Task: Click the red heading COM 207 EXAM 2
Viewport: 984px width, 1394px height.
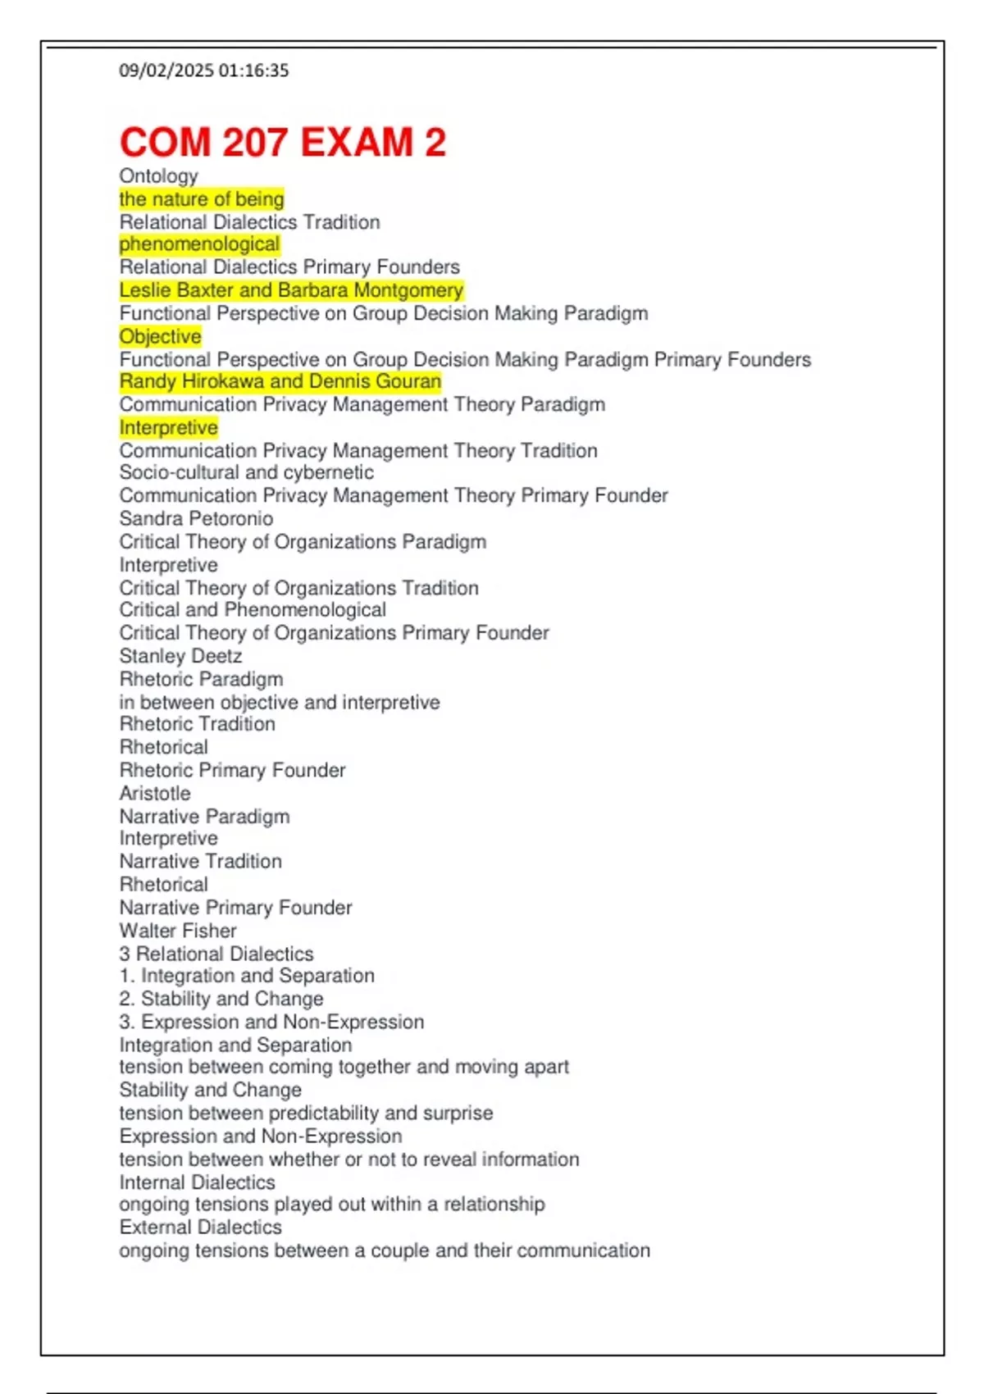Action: click(x=283, y=143)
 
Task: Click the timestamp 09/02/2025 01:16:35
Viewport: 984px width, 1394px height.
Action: click(x=204, y=71)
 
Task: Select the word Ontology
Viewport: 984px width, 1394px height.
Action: click(x=159, y=176)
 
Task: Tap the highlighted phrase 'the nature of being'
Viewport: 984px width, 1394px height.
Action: click(x=202, y=199)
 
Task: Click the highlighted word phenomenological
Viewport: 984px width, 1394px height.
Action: click(x=199, y=244)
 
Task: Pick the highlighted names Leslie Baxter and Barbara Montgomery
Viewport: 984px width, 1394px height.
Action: click(x=291, y=290)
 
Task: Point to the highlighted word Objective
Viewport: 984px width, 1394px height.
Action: click(x=160, y=336)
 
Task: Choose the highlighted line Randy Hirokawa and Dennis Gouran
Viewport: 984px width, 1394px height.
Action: click(x=280, y=381)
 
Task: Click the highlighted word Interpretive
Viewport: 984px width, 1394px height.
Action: click(x=168, y=427)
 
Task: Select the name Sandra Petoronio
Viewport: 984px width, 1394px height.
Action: click(x=196, y=518)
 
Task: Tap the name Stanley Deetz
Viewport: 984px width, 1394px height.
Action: click(x=180, y=656)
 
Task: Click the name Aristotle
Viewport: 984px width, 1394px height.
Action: click(x=155, y=793)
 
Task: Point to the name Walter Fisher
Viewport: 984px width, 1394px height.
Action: click(x=178, y=931)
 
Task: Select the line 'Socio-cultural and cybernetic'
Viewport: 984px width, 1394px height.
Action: click(x=246, y=472)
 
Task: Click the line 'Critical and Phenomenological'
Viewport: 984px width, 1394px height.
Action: click(x=253, y=609)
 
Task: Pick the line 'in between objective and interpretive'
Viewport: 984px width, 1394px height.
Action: click(x=279, y=702)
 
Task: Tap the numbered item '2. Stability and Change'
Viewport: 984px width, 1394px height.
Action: click(x=221, y=999)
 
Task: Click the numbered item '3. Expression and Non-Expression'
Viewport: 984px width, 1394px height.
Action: click(x=271, y=1022)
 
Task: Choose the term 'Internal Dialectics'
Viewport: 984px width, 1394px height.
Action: click(x=197, y=1182)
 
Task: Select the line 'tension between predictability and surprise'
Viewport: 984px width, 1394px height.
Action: click(x=306, y=1113)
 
